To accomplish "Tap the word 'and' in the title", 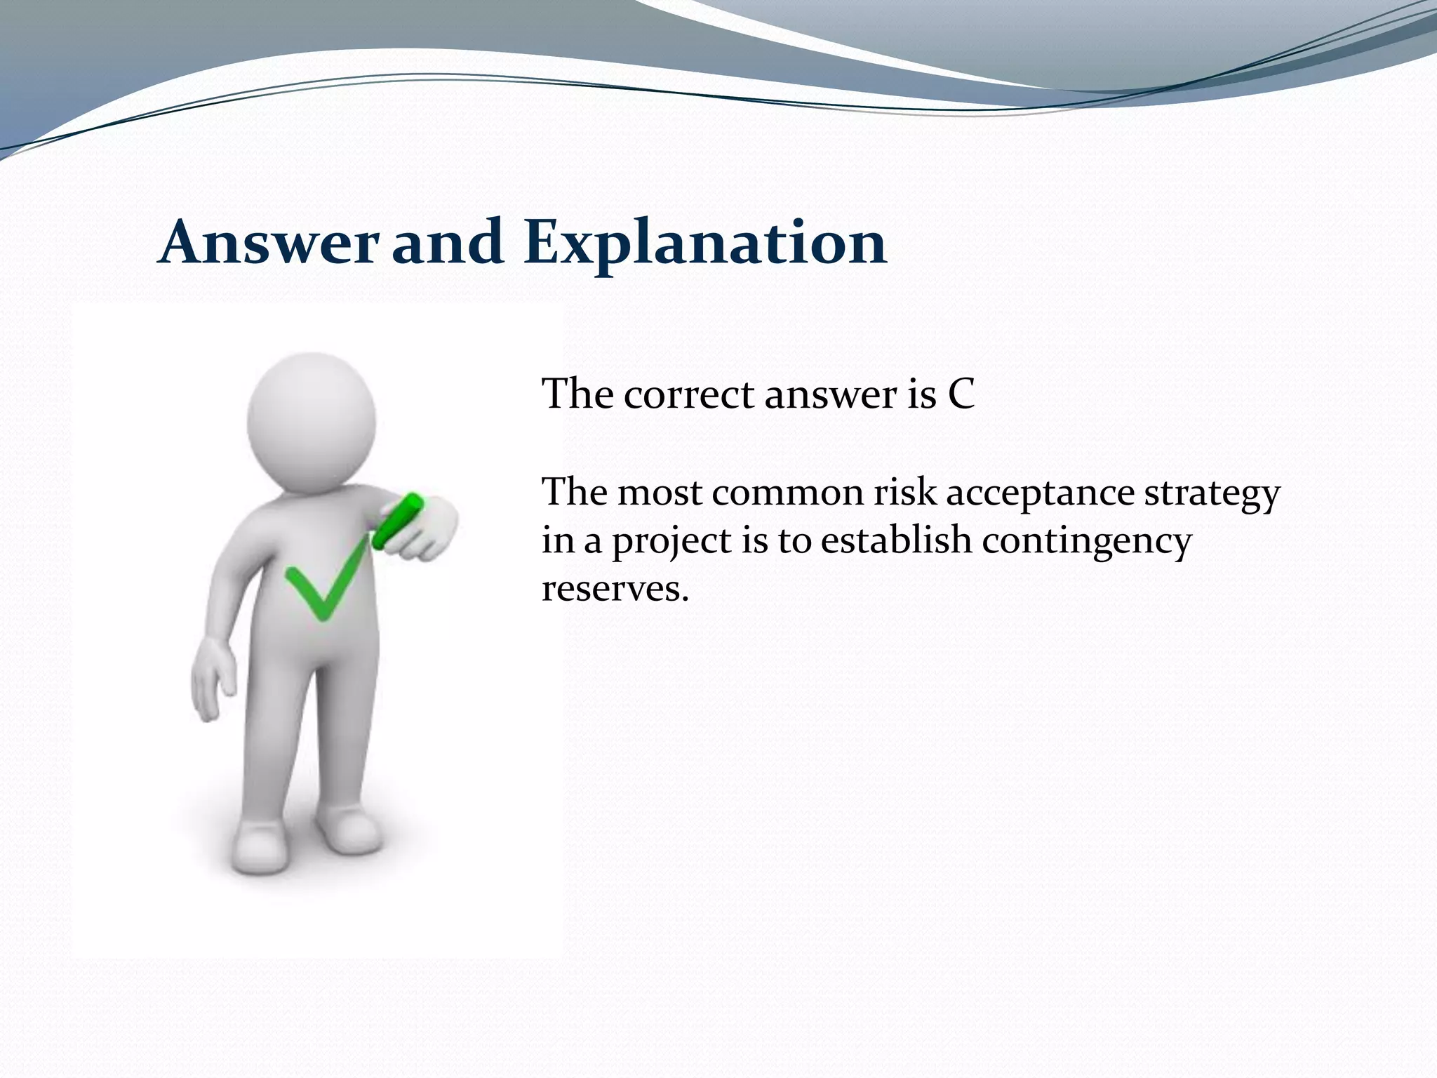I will tap(447, 242).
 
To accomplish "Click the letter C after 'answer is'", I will tap(961, 394).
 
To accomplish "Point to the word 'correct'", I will tap(688, 394).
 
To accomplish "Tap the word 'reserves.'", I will tap(615, 589).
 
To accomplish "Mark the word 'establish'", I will tap(895, 541).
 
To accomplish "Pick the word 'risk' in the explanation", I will tap(904, 493).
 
